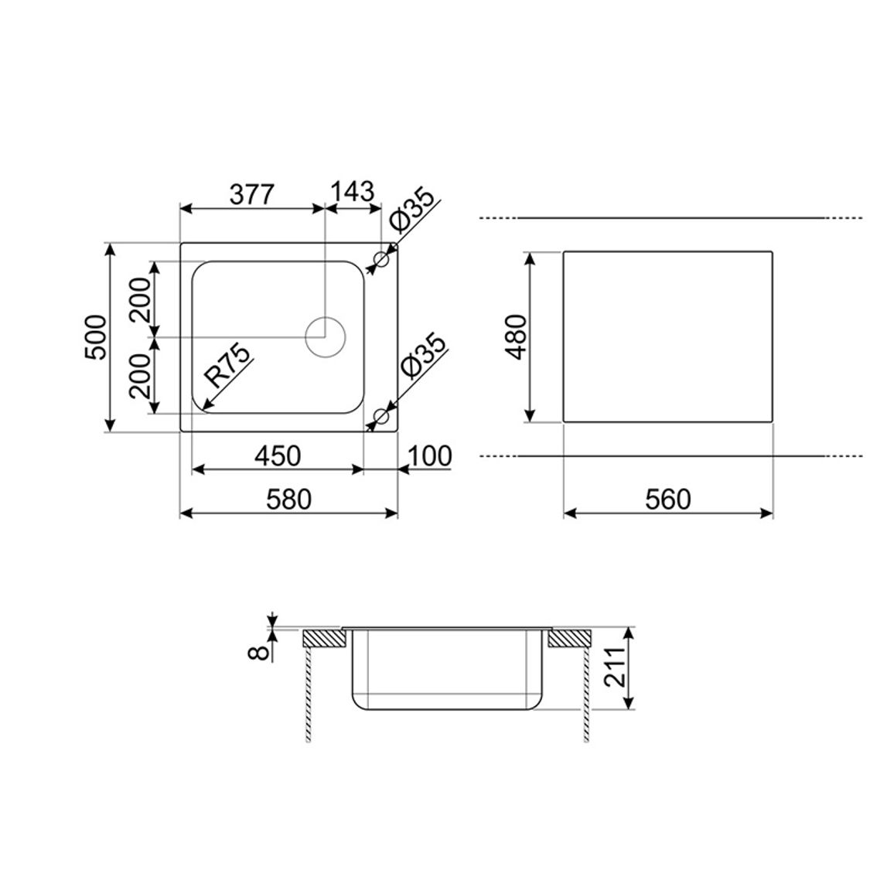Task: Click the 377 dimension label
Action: pos(252,195)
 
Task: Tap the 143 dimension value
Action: pos(353,192)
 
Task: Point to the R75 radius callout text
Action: pos(227,366)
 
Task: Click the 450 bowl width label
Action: pos(278,456)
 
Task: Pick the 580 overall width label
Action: pos(289,500)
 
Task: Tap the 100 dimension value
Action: pos(430,456)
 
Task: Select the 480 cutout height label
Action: pos(517,337)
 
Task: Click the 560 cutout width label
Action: pos(668,500)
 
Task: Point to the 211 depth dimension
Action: pos(614,667)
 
